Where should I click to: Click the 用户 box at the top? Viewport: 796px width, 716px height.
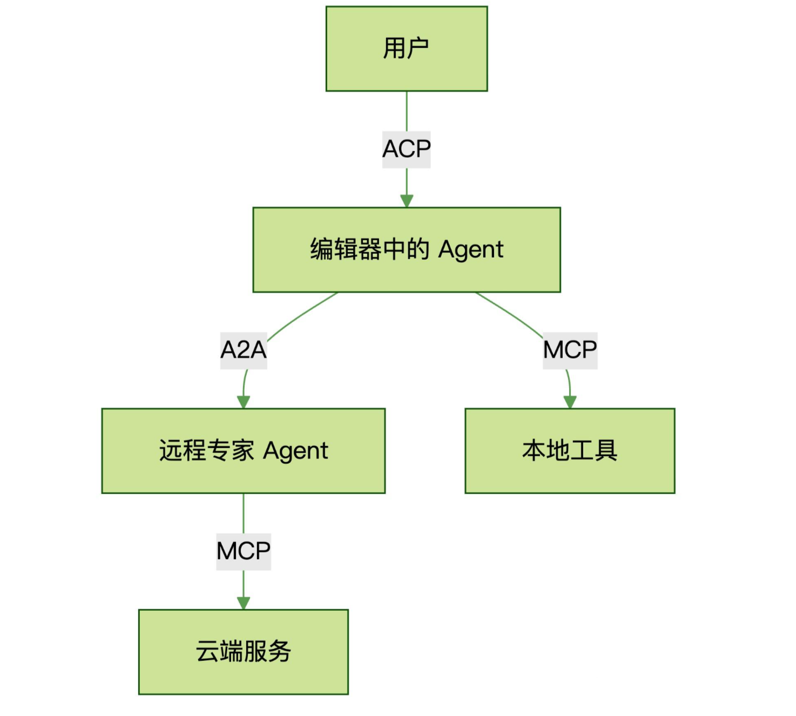tap(406, 49)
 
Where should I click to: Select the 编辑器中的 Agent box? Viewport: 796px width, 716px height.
tap(406, 249)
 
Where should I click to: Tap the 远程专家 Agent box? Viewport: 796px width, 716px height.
tap(243, 450)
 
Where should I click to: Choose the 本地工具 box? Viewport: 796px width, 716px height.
tap(570, 450)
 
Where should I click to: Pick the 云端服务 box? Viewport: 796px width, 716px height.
tap(243, 651)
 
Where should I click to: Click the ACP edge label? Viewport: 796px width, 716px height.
tap(406, 149)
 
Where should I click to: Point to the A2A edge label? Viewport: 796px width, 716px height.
tap(243, 350)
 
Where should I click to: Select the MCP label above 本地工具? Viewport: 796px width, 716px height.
tap(570, 350)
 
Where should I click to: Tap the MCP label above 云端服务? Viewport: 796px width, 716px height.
tap(243, 551)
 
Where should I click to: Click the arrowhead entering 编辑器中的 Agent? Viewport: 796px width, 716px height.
tap(407, 201)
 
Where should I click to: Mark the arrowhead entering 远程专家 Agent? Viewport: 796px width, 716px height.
tap(244, 402)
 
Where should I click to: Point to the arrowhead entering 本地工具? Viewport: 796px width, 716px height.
tap(570, 402)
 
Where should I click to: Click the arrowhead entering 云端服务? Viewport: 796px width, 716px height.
tap(244, 603)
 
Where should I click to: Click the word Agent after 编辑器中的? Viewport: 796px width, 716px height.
tap(470, 250)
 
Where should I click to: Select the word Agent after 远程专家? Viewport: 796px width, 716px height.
tap(295, 451)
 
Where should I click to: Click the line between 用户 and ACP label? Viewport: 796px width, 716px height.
tap(407, 111)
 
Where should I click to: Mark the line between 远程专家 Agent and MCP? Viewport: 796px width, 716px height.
tap(244, 513)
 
